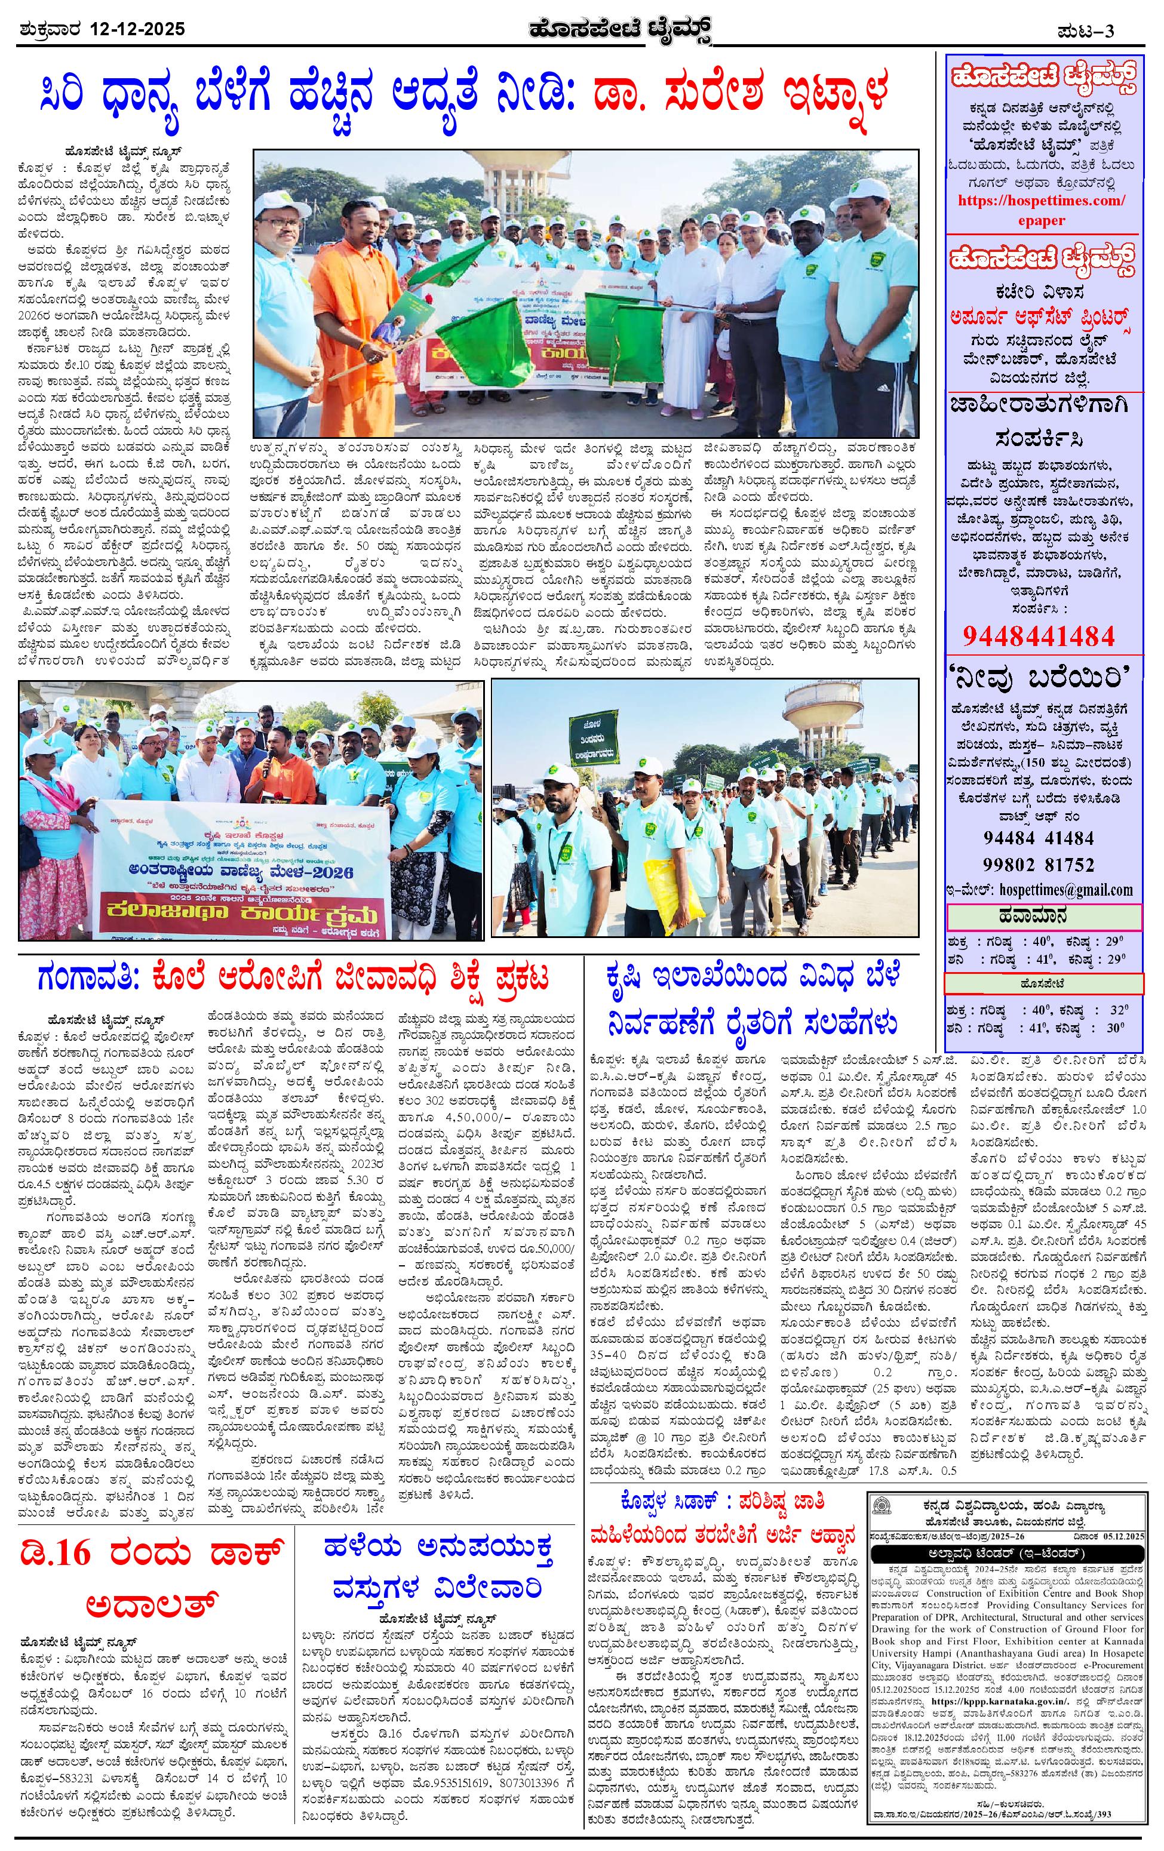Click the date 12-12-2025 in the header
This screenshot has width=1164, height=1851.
137,30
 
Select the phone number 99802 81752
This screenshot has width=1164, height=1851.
1038,864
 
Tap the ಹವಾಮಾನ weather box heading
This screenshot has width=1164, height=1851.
1043,918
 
